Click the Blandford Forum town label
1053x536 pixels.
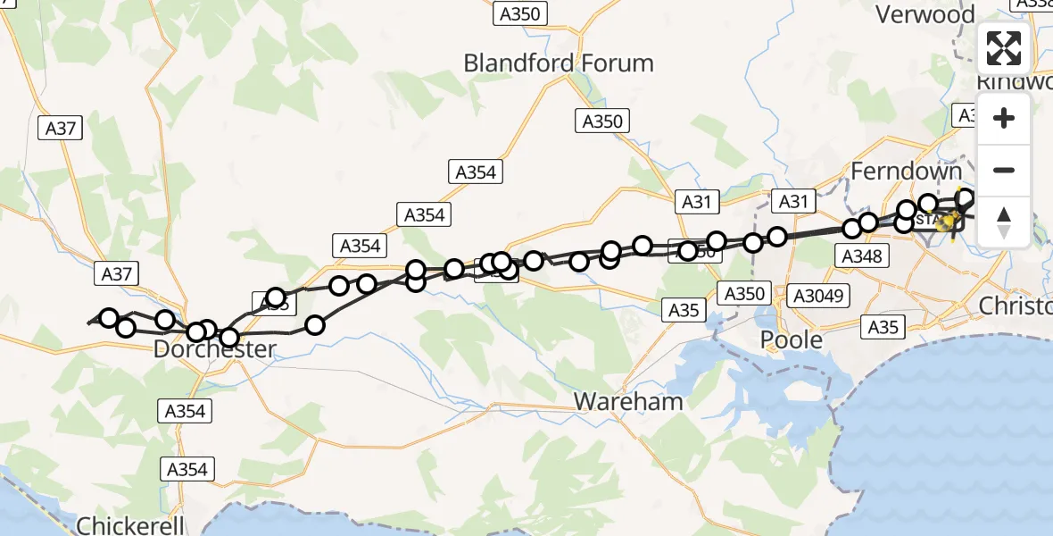click(x=559, y=63)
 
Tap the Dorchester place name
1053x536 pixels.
click(x=214, y=349)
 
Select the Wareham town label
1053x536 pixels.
click(x=628, y=401)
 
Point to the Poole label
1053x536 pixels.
click(x=791, y=340)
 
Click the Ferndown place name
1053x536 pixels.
click(x=907, y=171)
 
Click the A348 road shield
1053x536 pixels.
click(x=861, y=257)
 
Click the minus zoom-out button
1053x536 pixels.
click(x=1004, y=171)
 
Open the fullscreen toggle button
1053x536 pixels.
click(x=1004, y=48)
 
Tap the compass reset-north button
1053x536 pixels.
click(x=1004, y=222)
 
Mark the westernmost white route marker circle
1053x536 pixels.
click(x=109, y=318)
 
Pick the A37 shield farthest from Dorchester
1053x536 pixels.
click(x=62, y=129)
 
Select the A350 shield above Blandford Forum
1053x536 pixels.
click(x=520, y=13)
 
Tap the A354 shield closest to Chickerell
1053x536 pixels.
click(x=187, y=469)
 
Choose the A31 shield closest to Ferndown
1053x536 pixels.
click(x=793, y=202)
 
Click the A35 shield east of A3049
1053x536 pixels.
click(x=883, y=328)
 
